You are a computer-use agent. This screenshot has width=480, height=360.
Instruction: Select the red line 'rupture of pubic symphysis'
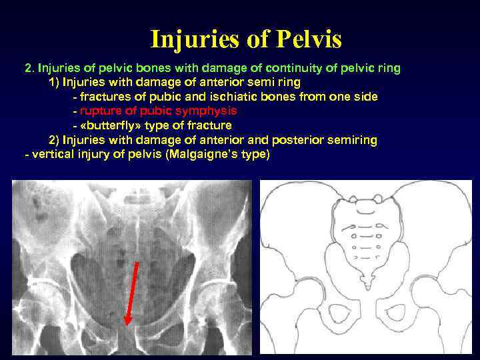158,111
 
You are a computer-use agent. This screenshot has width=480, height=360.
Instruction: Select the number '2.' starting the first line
29,68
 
